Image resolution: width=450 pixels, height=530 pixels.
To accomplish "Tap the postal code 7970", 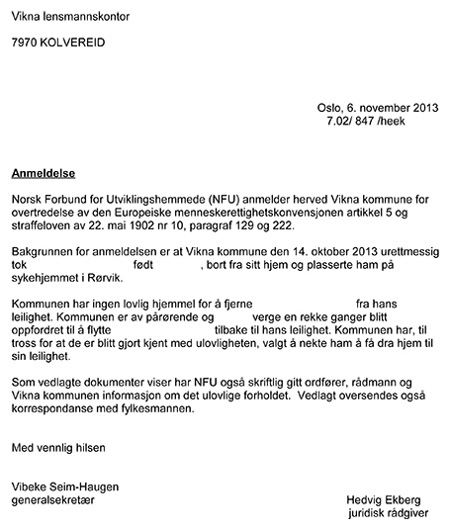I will [x=26, y=44].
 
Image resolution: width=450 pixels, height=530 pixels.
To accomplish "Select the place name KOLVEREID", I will [x=74, y=44].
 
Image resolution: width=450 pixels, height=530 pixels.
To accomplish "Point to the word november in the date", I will [x=388, y=107].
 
